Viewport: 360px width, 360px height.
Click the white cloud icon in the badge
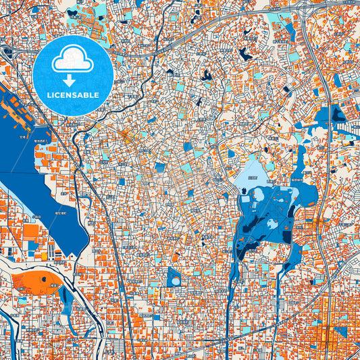click(72, 59)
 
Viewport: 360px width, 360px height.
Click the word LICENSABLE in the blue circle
click(72, 95)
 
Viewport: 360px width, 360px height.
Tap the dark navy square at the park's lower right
click(286, 237)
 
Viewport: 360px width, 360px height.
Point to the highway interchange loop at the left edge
click(8, 50)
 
